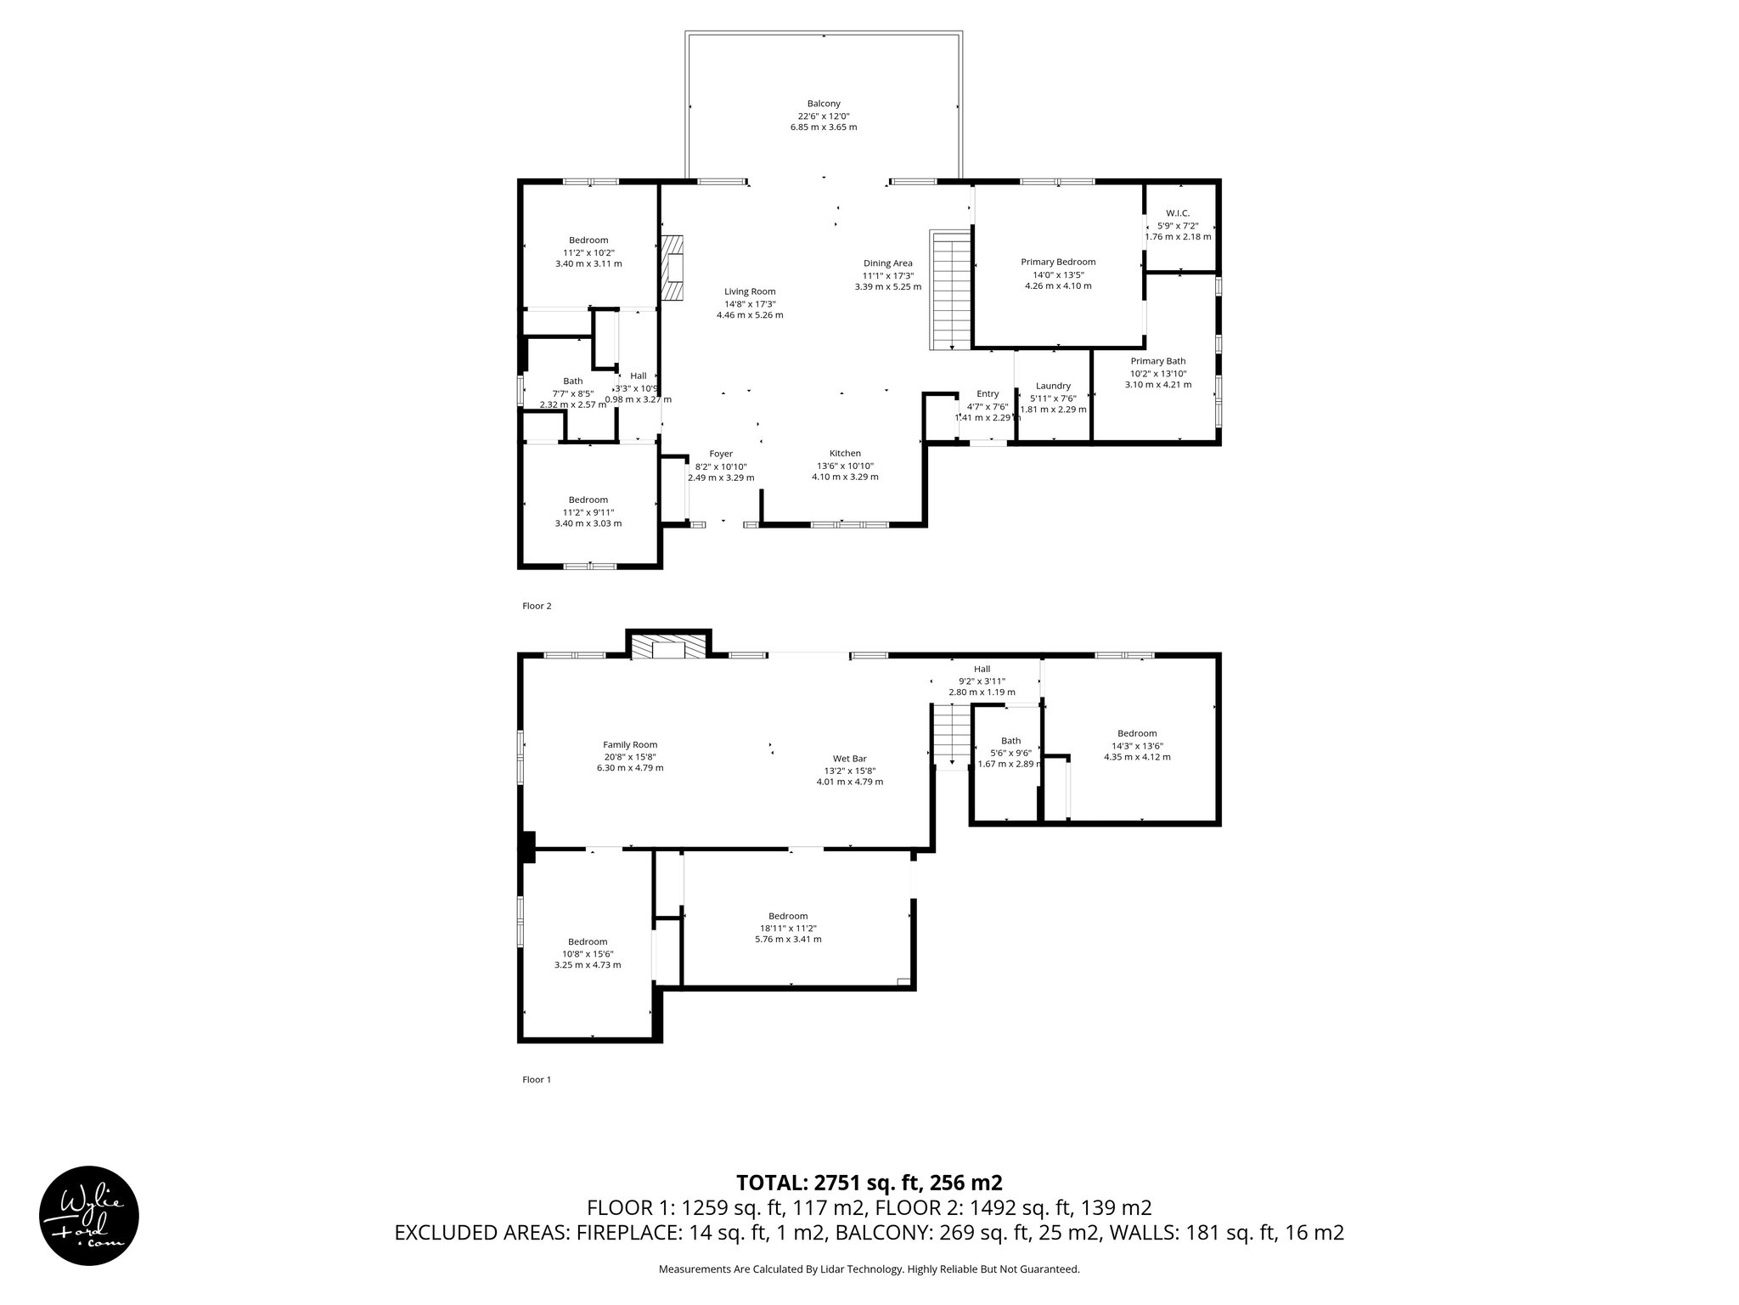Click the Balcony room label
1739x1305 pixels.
(823, 104)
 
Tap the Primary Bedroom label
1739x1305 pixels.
(1058, 262)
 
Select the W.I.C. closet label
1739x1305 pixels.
(1178, 212)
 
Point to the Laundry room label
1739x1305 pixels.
(1053, 386)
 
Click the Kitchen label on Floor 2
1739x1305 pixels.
(845, 454)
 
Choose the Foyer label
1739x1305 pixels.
(721, 454)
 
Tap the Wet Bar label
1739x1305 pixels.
(849, 759)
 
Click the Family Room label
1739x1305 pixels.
(630, 745)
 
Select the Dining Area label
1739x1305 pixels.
(887, 263)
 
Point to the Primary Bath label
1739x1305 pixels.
(1157, 361)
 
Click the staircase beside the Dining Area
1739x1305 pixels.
(950, 291)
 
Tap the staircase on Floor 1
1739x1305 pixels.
(952, 737)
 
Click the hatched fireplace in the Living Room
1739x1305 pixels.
(674, 268)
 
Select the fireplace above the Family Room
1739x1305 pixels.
(667, 650)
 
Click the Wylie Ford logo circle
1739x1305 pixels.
(89, 1215)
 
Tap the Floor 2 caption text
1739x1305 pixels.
(537, 606)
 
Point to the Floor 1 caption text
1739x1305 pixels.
(537, 1080)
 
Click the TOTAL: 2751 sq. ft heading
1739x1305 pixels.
(869, 1183)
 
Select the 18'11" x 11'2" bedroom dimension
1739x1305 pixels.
(788, 929)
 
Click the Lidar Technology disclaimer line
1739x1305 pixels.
(869, 1269)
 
